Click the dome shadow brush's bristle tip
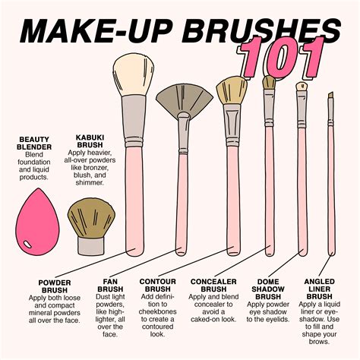(x=269, y=82)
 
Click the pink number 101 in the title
(x=284, y=55)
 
